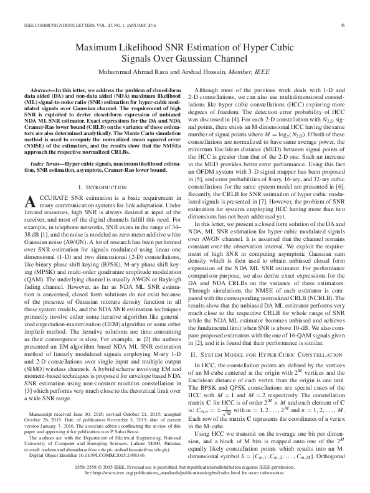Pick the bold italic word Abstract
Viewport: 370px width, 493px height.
point(44,91)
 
